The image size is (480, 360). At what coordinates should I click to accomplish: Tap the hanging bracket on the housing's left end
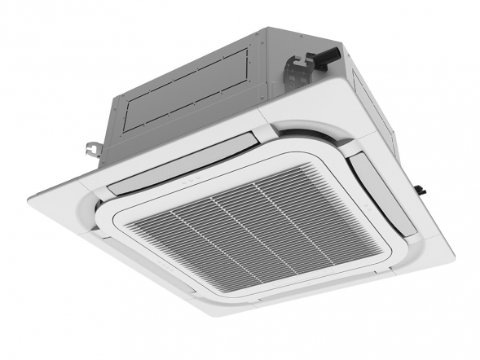pyautogui.click(x=91, y=150)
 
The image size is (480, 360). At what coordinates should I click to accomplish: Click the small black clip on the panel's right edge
pyautogui.click(x=423, y=190)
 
